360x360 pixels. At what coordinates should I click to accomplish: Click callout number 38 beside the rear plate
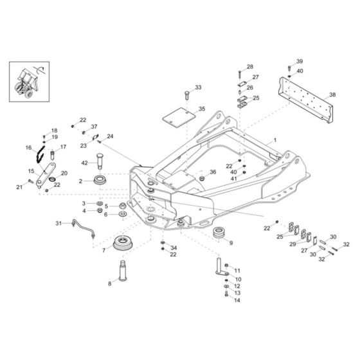[x=332, y=94]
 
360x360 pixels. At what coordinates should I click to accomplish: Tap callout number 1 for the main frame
[x=274, y=139]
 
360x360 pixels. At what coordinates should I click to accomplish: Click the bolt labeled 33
[x=186, y=96]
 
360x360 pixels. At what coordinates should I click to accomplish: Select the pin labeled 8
[x=121, y=269]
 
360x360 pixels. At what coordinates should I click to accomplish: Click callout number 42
[x=85, y=164]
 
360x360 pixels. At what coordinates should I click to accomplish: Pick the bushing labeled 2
[x=102, y=181]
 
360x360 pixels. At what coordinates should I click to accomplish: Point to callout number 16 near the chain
[x=28, y=148]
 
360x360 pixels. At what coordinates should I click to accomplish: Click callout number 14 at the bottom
[x=237, y=300]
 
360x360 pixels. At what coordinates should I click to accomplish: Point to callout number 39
[x=299, y=60]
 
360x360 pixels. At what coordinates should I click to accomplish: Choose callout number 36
[x=213, y=172]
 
